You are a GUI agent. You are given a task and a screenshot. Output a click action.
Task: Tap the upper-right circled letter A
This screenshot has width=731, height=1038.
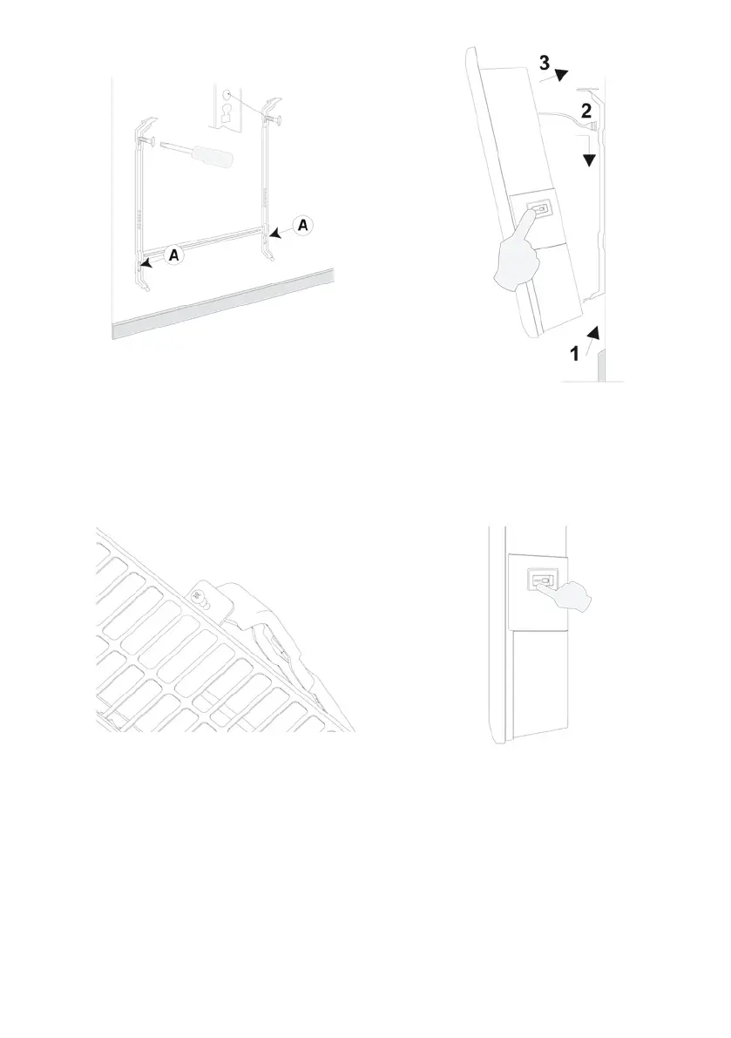click(302, 225)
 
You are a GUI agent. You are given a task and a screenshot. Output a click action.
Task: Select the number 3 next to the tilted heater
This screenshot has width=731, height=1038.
click(544, 63)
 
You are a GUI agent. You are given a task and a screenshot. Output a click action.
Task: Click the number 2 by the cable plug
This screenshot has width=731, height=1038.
click(587, 110)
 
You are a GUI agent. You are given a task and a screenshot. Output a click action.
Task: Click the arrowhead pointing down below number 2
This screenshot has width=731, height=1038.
click(591, 160)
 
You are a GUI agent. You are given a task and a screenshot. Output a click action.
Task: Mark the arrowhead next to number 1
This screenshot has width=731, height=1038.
click(596, 330)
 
